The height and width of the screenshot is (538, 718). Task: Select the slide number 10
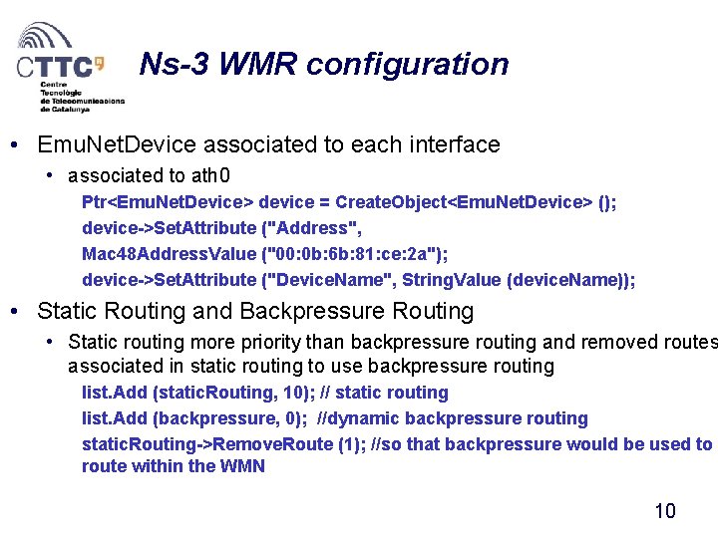664,511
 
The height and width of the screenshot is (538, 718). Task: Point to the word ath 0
210,176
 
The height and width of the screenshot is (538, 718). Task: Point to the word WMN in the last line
241,466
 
